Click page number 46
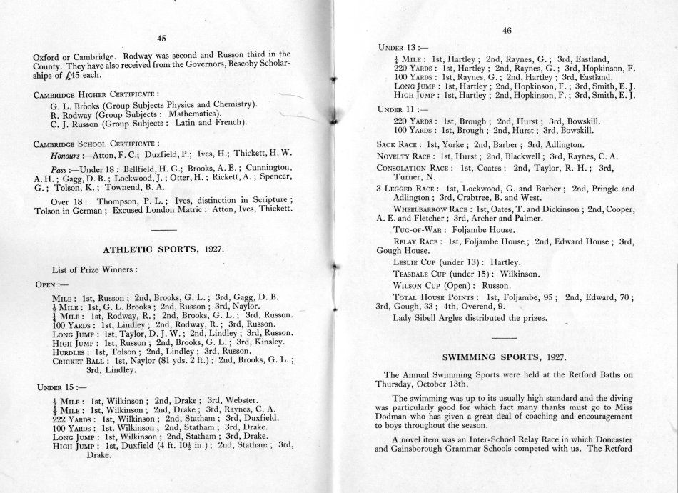click(507, 30)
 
